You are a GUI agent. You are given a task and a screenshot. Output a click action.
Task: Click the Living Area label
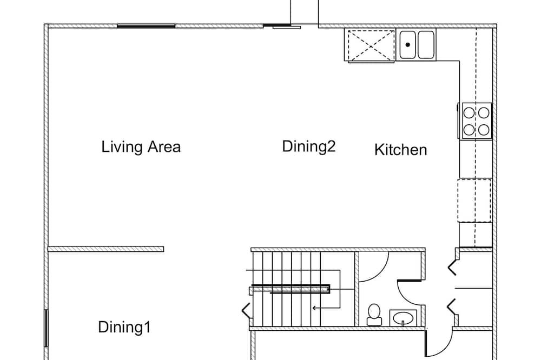coord(141,147)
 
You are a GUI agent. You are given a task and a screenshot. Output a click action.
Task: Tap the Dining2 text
coord(309,146)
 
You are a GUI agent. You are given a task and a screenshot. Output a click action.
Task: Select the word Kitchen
coord(400,150)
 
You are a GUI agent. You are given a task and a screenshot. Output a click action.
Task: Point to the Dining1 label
coord(124,327)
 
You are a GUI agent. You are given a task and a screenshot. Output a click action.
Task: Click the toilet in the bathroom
coord(374,315)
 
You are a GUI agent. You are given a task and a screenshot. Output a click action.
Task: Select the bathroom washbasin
coord(403,318)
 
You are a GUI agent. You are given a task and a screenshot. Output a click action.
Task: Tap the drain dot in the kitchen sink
coord(408,44)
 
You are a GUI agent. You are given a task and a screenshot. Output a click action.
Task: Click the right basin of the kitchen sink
coord(426,45)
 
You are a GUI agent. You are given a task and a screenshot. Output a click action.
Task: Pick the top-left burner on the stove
coord(469,112)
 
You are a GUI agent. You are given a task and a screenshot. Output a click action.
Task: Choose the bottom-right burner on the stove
coord(484,130)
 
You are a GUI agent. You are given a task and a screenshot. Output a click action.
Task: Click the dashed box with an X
coord(371,45)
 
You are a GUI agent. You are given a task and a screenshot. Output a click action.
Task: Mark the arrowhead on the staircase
coord(314,308)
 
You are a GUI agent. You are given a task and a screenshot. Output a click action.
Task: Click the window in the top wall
coord(146,26)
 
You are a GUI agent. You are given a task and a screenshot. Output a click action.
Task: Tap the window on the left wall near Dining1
coord(45,328)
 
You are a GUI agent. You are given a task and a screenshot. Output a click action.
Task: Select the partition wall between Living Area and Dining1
coord(105,249)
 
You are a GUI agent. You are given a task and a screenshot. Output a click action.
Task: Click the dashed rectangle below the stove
coord(474,201)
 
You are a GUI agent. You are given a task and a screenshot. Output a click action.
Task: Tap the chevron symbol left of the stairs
coord(246,310)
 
